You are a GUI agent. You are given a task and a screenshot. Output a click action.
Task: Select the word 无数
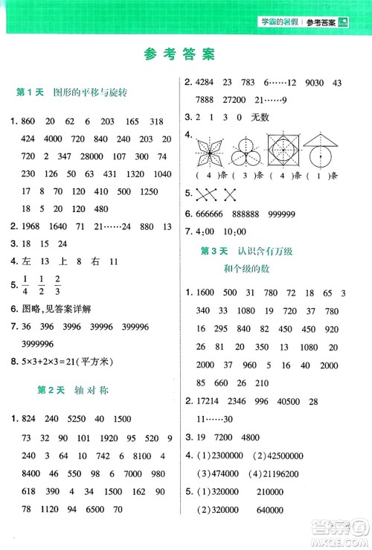tap(263, 117)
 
